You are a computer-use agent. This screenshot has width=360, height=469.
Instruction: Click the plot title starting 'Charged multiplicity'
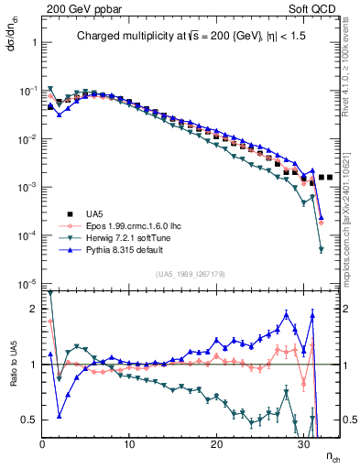tap(189, 38)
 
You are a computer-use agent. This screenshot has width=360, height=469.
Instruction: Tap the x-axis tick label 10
tap(130, 443)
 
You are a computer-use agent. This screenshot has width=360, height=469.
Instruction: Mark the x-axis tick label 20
tap(217, 443)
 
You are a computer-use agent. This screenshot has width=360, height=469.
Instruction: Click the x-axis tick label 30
tap(304, 443)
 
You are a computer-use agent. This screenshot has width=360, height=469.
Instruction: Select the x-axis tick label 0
tap(43, 443)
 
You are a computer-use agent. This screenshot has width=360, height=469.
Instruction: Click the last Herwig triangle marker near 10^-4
tap(322, 249)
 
